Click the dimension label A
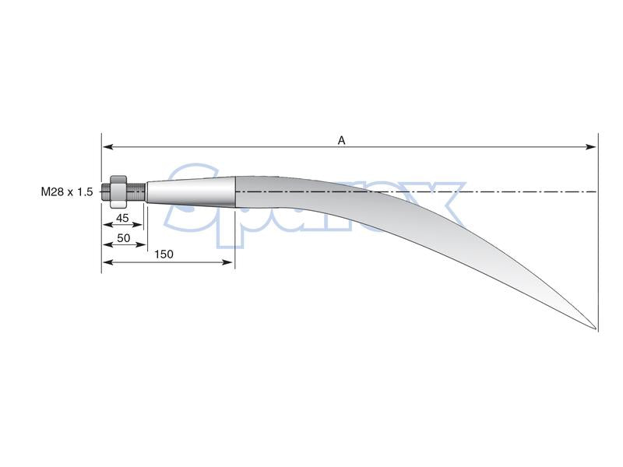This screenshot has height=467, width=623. click(341, 140)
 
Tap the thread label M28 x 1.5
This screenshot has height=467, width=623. click(67, 191)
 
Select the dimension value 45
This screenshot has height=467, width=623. click(122, 218)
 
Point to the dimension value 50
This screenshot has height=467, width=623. click(124, 237)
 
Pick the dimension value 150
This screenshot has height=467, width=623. click(164, 255)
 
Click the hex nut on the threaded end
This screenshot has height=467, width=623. click(118, 191)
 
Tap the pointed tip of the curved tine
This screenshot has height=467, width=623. click(596, 328)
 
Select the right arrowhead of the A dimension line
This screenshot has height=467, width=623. click(591, 147)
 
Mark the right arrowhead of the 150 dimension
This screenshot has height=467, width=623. click(228, 262)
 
